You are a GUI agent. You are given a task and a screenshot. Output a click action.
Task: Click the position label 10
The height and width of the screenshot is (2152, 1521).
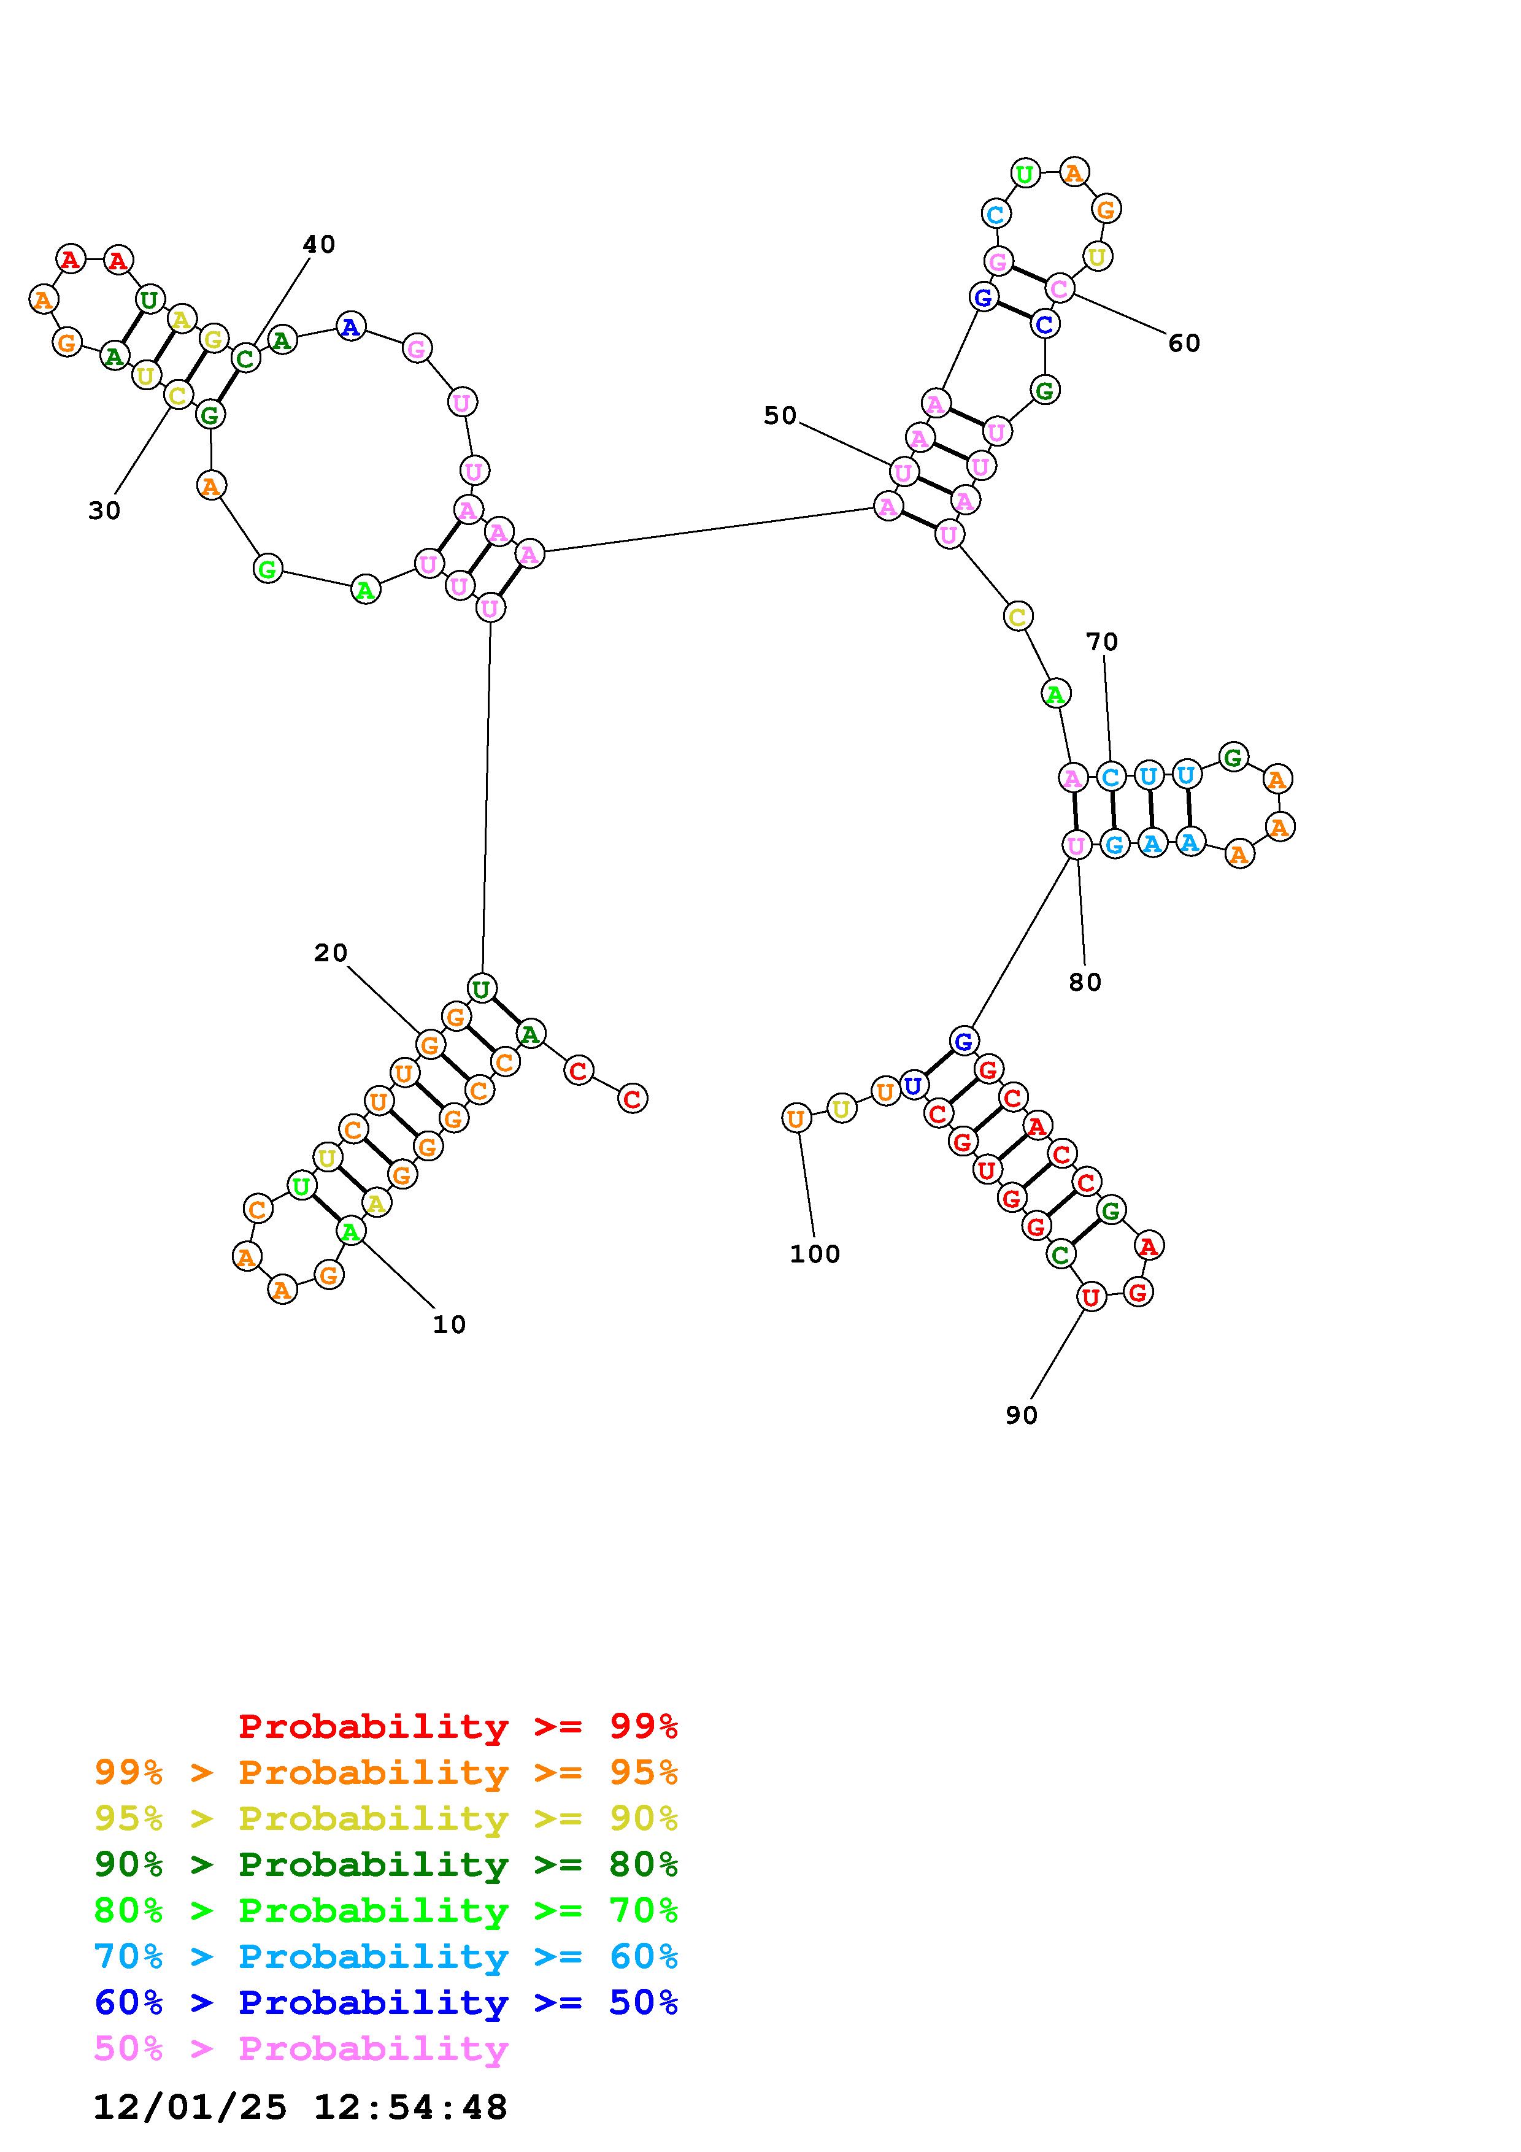tap(449, 1324)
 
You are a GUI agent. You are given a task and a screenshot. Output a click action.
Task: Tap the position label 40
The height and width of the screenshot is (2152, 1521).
tap(318, 245)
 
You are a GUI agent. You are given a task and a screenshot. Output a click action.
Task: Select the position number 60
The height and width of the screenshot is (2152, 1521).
tap(1184, 343)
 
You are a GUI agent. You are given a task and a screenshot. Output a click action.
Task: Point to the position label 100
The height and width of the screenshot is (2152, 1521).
tap(814, 1254)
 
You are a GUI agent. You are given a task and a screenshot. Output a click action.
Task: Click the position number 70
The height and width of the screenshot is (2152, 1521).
tap(1102, 642)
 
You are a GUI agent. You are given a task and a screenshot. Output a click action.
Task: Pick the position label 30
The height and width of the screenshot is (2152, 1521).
tap(104, 511)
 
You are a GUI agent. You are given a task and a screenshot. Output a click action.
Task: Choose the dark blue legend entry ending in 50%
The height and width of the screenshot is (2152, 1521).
tap(386, 2002)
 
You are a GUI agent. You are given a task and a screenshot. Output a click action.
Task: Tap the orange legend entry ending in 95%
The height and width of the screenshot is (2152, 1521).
tap(386, 1772)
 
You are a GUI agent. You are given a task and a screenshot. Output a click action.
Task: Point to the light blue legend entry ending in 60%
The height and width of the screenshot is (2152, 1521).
tap(386, 1956)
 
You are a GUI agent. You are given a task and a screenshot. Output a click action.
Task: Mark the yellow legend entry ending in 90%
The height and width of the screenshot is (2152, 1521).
tap(386, 1818)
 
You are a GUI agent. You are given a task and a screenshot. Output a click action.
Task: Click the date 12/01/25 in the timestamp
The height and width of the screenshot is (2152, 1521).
tap(190, 2107)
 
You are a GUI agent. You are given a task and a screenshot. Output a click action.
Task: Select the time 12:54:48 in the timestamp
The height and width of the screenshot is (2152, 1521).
tap(410, 2107)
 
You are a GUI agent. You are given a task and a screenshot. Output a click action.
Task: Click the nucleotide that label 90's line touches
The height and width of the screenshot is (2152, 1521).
tap(1090, 1297)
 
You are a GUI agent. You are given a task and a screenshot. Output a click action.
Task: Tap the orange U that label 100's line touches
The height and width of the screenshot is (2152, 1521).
tap(796, 1118)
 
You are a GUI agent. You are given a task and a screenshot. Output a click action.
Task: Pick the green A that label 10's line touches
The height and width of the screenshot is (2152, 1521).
tap(350, 1232)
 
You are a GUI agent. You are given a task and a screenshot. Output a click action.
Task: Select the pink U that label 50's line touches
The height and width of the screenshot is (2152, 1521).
tap(903, 472)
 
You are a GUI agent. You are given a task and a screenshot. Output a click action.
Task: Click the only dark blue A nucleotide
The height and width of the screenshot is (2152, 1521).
tap(350, 327)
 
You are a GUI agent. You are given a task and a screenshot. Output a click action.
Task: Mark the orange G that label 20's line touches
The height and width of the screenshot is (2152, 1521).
tap(429, 1044)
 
